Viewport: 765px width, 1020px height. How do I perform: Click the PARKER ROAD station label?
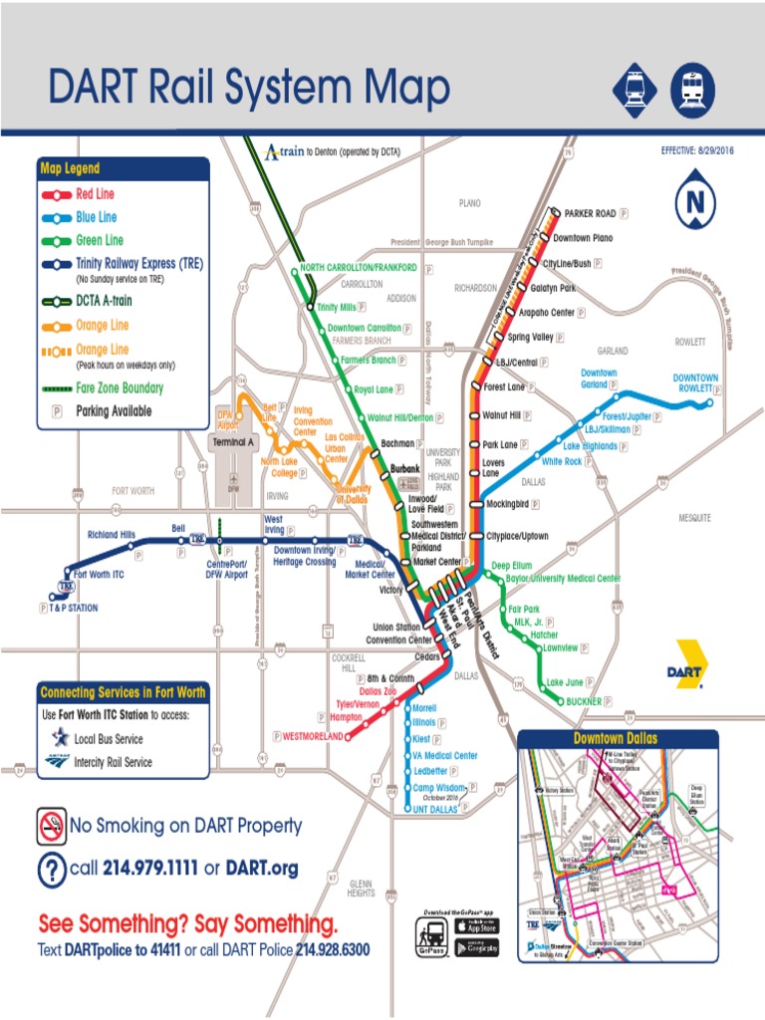click(591, 213)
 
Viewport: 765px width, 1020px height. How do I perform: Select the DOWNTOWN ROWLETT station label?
click(694, 383)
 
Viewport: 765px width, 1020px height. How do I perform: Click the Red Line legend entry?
click(95, 193)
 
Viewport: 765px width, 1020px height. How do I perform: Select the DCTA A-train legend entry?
click(104, 300)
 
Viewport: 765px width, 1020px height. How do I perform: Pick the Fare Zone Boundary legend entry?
click(120, 387)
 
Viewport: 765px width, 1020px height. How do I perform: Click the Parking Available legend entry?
click(114, 410)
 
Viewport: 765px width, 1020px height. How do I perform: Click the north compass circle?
click(695, 204)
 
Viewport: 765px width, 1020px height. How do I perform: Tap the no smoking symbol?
click(51, 825)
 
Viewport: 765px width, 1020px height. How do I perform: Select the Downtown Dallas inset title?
click(616, 738)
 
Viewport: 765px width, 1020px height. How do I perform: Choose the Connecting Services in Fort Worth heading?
click(123, 692)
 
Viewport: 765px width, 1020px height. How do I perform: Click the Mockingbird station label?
click(513, 504)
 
